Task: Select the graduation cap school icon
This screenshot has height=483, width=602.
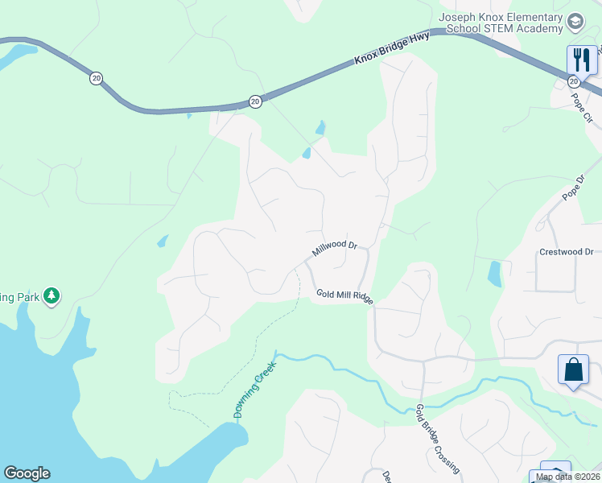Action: point(575,21)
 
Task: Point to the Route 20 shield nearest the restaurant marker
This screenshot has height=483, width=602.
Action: point(573,81)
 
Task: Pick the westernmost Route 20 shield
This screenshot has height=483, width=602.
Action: point(97,79)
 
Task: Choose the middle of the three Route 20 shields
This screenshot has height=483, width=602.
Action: point(255,101)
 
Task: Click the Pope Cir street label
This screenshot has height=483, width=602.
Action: point(582,106)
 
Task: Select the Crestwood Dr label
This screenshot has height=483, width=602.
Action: point(565,252)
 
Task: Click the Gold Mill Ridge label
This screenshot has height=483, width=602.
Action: point(344,296)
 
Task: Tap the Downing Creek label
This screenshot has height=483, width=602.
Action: point(255,390)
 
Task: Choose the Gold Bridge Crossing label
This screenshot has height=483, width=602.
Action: point(438,439)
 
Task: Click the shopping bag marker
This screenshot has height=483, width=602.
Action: point(573,370)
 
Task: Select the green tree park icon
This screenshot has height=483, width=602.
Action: point(52,295)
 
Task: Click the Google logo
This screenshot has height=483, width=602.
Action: point(27,473)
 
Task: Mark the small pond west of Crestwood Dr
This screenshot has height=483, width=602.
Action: point(494,274)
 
